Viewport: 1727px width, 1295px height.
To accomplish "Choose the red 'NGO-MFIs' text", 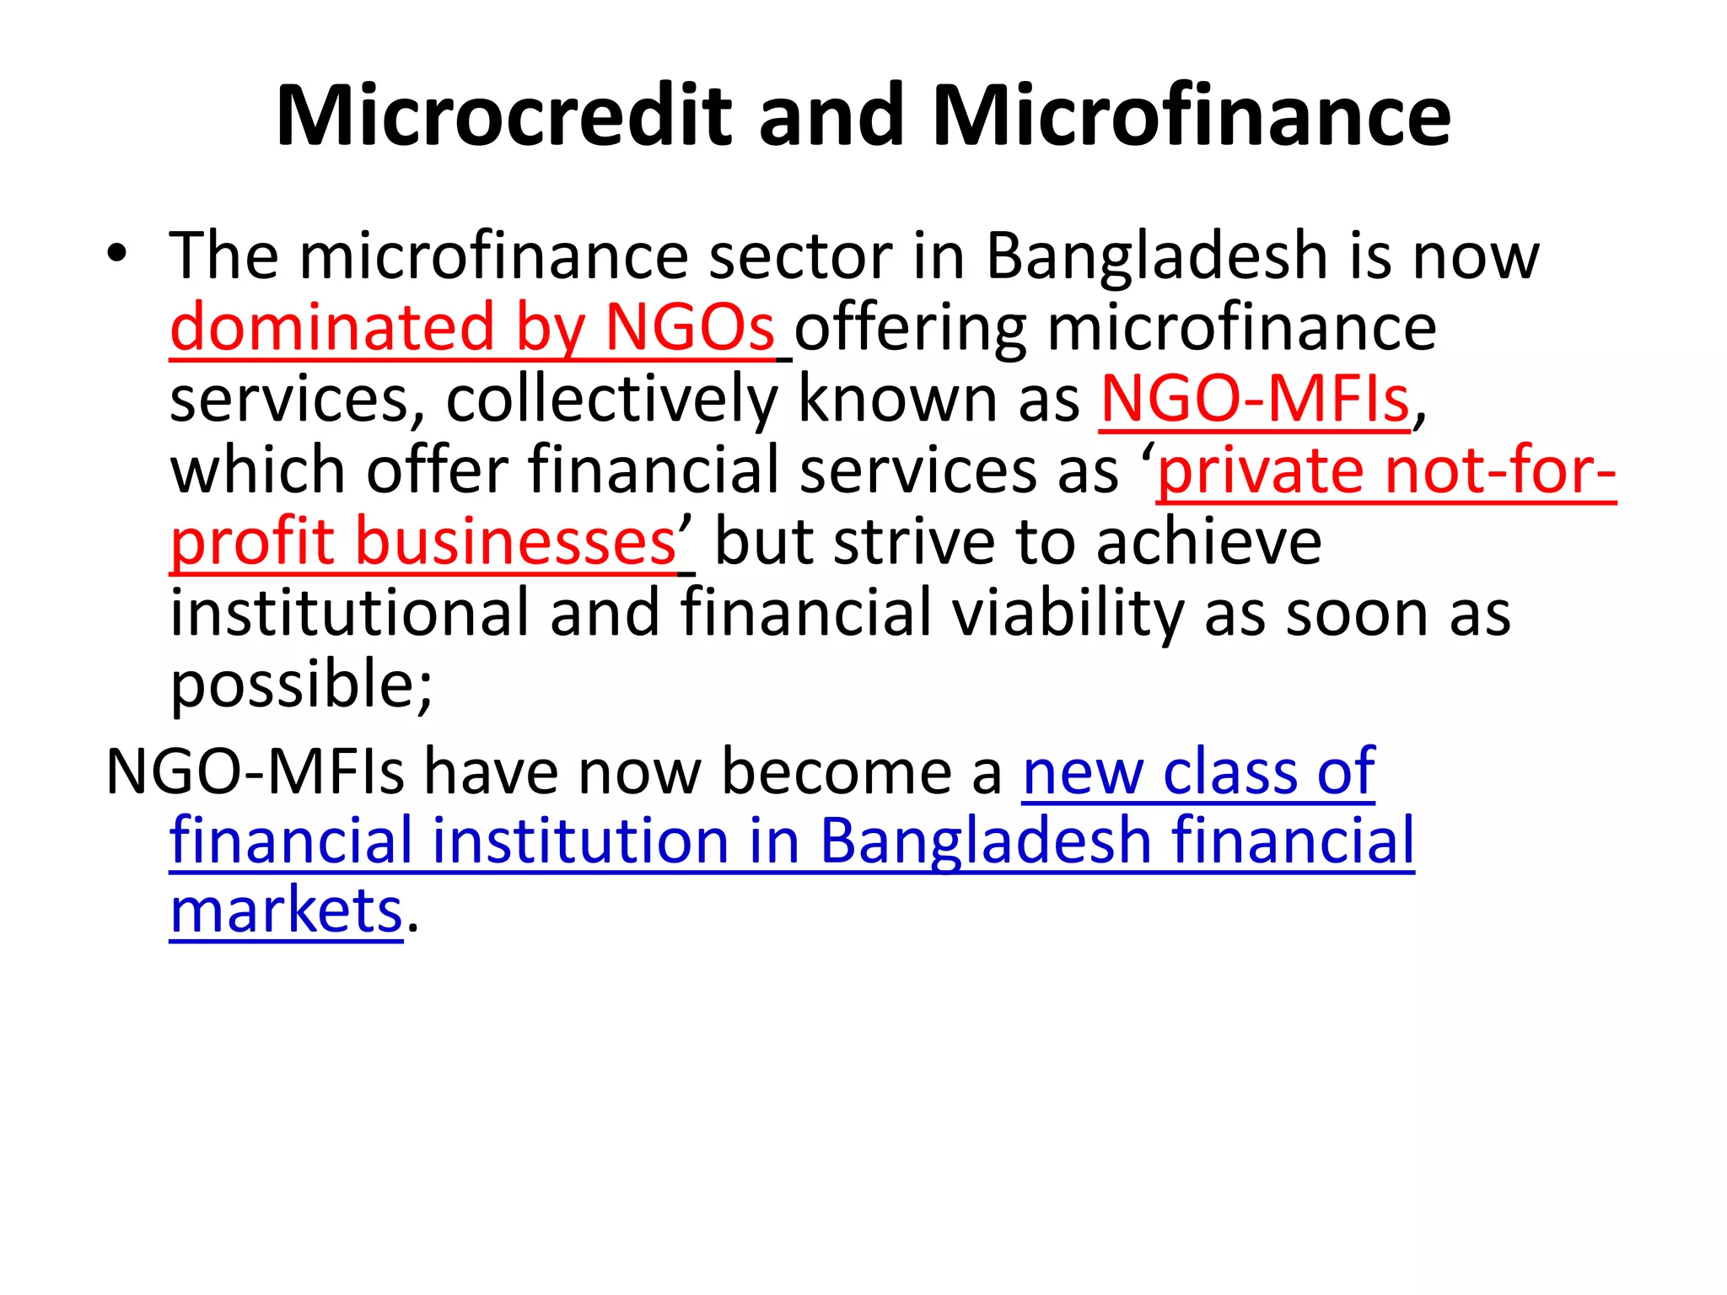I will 1255,399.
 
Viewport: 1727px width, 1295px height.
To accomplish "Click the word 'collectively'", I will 611,399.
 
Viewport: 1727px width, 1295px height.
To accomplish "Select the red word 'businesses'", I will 515,541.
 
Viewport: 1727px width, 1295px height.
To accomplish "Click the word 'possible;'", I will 301,684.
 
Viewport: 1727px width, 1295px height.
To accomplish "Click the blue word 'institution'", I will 580,841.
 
